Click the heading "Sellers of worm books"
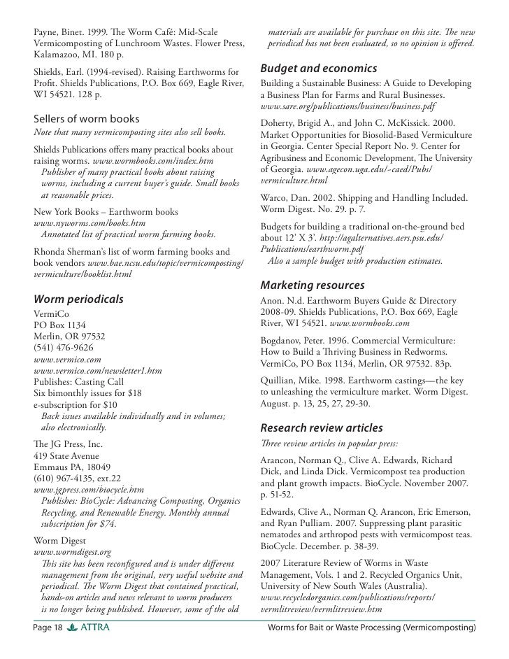(x=87, y=118)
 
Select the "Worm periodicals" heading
(x=79, y=299)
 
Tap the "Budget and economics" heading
(x=319, y=69)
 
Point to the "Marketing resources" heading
(x=312, y=285)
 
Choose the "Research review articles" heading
(x=322, y=427)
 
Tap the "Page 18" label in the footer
(x=48, y=628)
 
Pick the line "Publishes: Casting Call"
(x=79, y=381)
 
